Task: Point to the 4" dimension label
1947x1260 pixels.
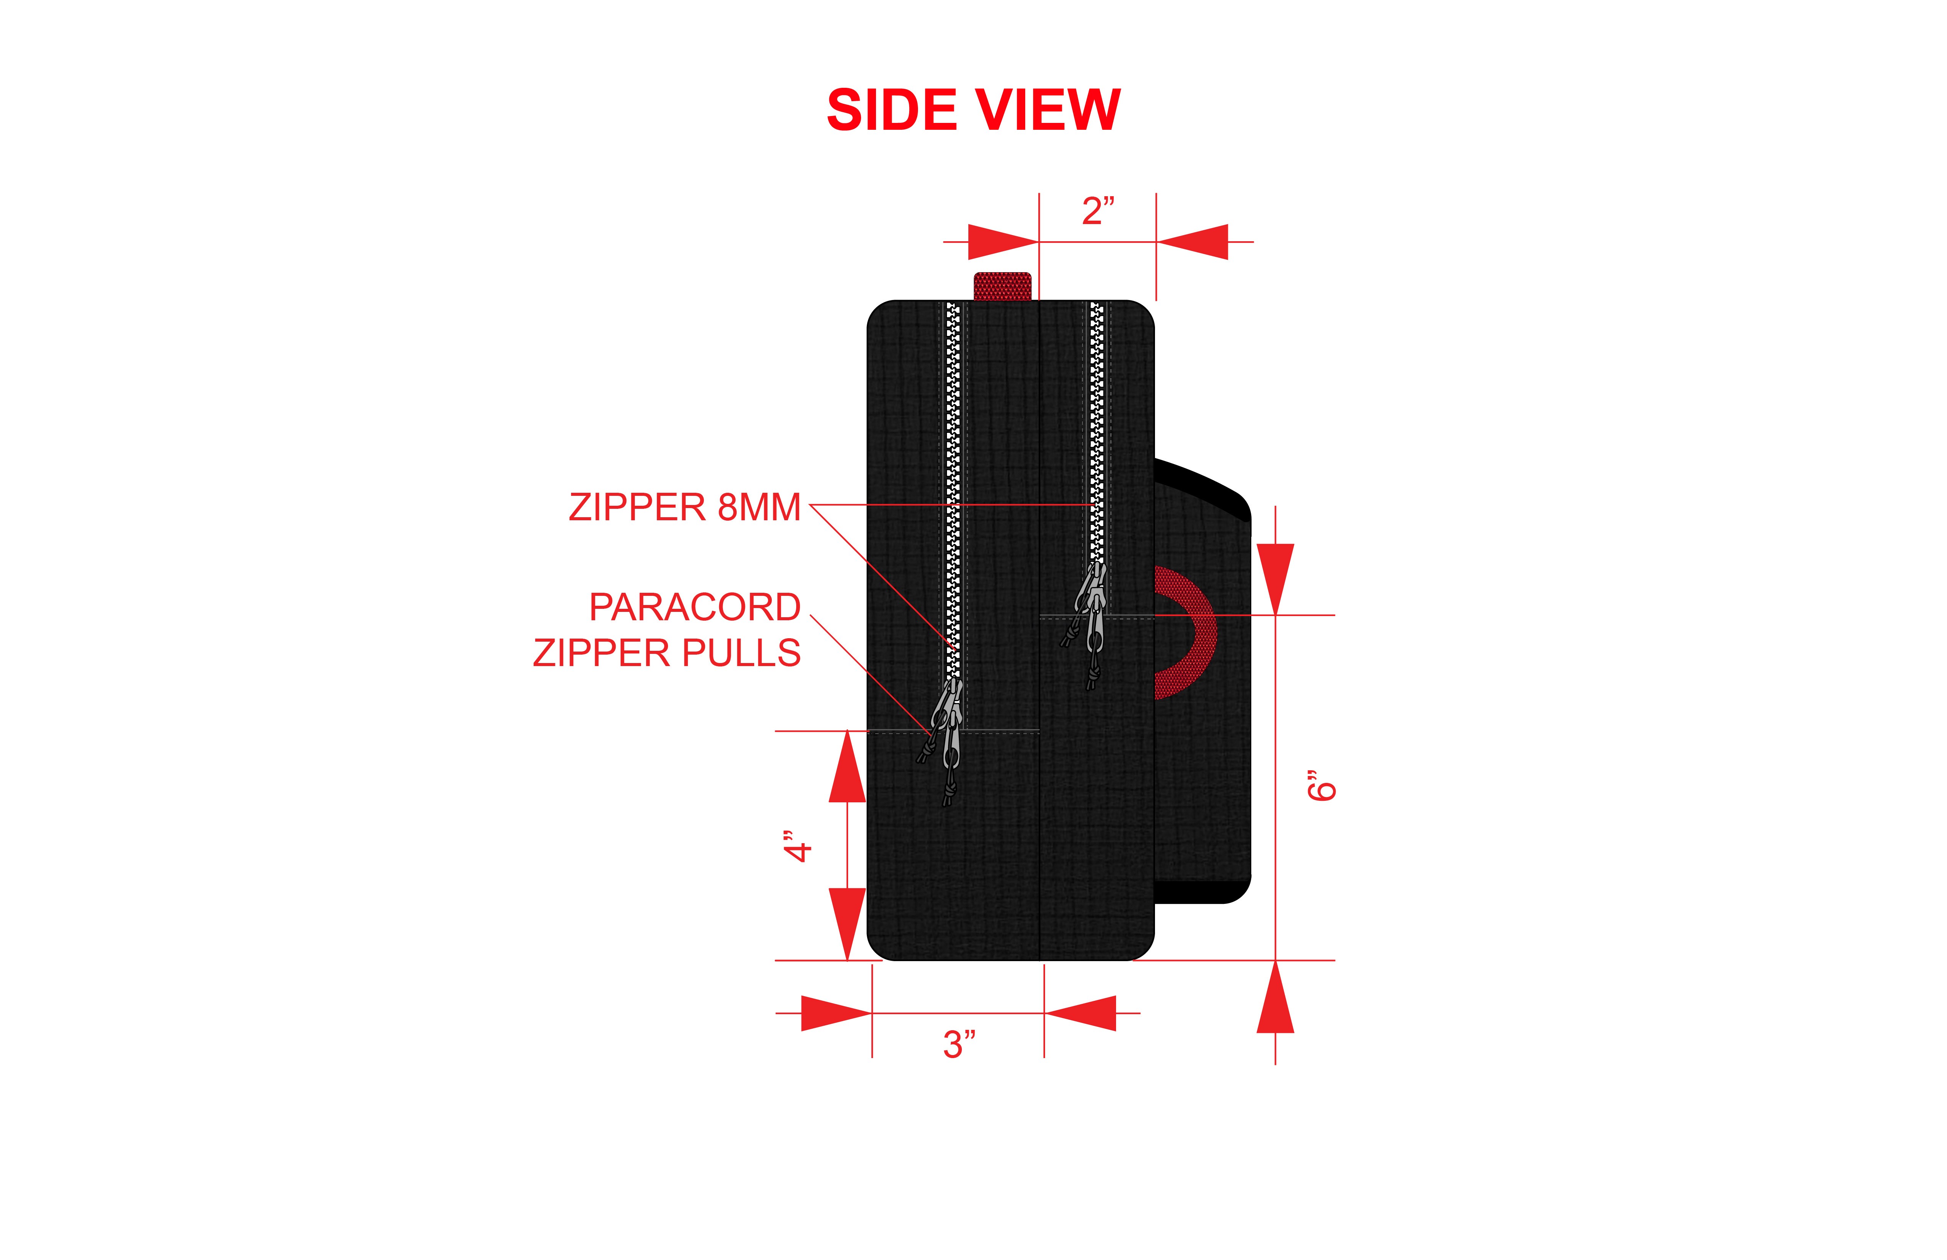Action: [x=798, y=846]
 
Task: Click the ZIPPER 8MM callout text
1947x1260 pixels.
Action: [x=685, y=507]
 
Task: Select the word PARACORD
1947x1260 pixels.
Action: [x=695, y=607]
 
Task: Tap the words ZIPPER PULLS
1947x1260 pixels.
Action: [x=667, y=653]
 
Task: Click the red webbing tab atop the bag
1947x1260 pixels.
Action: [x=1002, y=286]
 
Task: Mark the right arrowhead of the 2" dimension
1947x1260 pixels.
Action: [x=1192, y=242]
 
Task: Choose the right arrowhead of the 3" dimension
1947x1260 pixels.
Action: [x=1080, y=1013]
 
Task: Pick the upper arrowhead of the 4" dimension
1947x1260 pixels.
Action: [x=847, y=766]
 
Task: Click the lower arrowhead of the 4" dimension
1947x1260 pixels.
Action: [x=847, y=924]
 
